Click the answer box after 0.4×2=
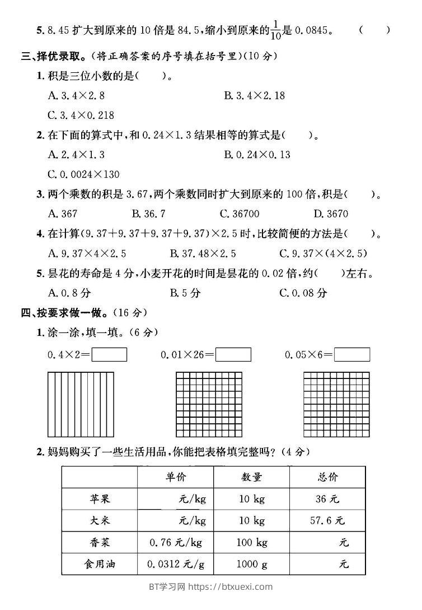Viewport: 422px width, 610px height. pos(109,355)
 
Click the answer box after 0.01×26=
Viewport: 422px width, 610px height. pos(233,355)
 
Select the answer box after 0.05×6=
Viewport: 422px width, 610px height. pos(351,355)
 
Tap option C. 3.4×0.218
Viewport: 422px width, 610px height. pos(81,115)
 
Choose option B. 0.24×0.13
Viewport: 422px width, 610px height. pos(257,154)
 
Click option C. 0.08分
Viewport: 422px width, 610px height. pos(303,292)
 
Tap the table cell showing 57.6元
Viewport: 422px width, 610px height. pos(327,520)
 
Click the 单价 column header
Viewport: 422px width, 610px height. pos(175,477)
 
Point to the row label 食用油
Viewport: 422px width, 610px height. pos(99,563)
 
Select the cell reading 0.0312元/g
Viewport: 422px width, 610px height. pos(175,563)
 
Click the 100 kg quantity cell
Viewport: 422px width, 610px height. pos(251,542)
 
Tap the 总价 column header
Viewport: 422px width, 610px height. pos(327,477)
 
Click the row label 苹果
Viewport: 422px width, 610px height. pos(99,499)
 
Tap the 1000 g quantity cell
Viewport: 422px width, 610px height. pos(251,563)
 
